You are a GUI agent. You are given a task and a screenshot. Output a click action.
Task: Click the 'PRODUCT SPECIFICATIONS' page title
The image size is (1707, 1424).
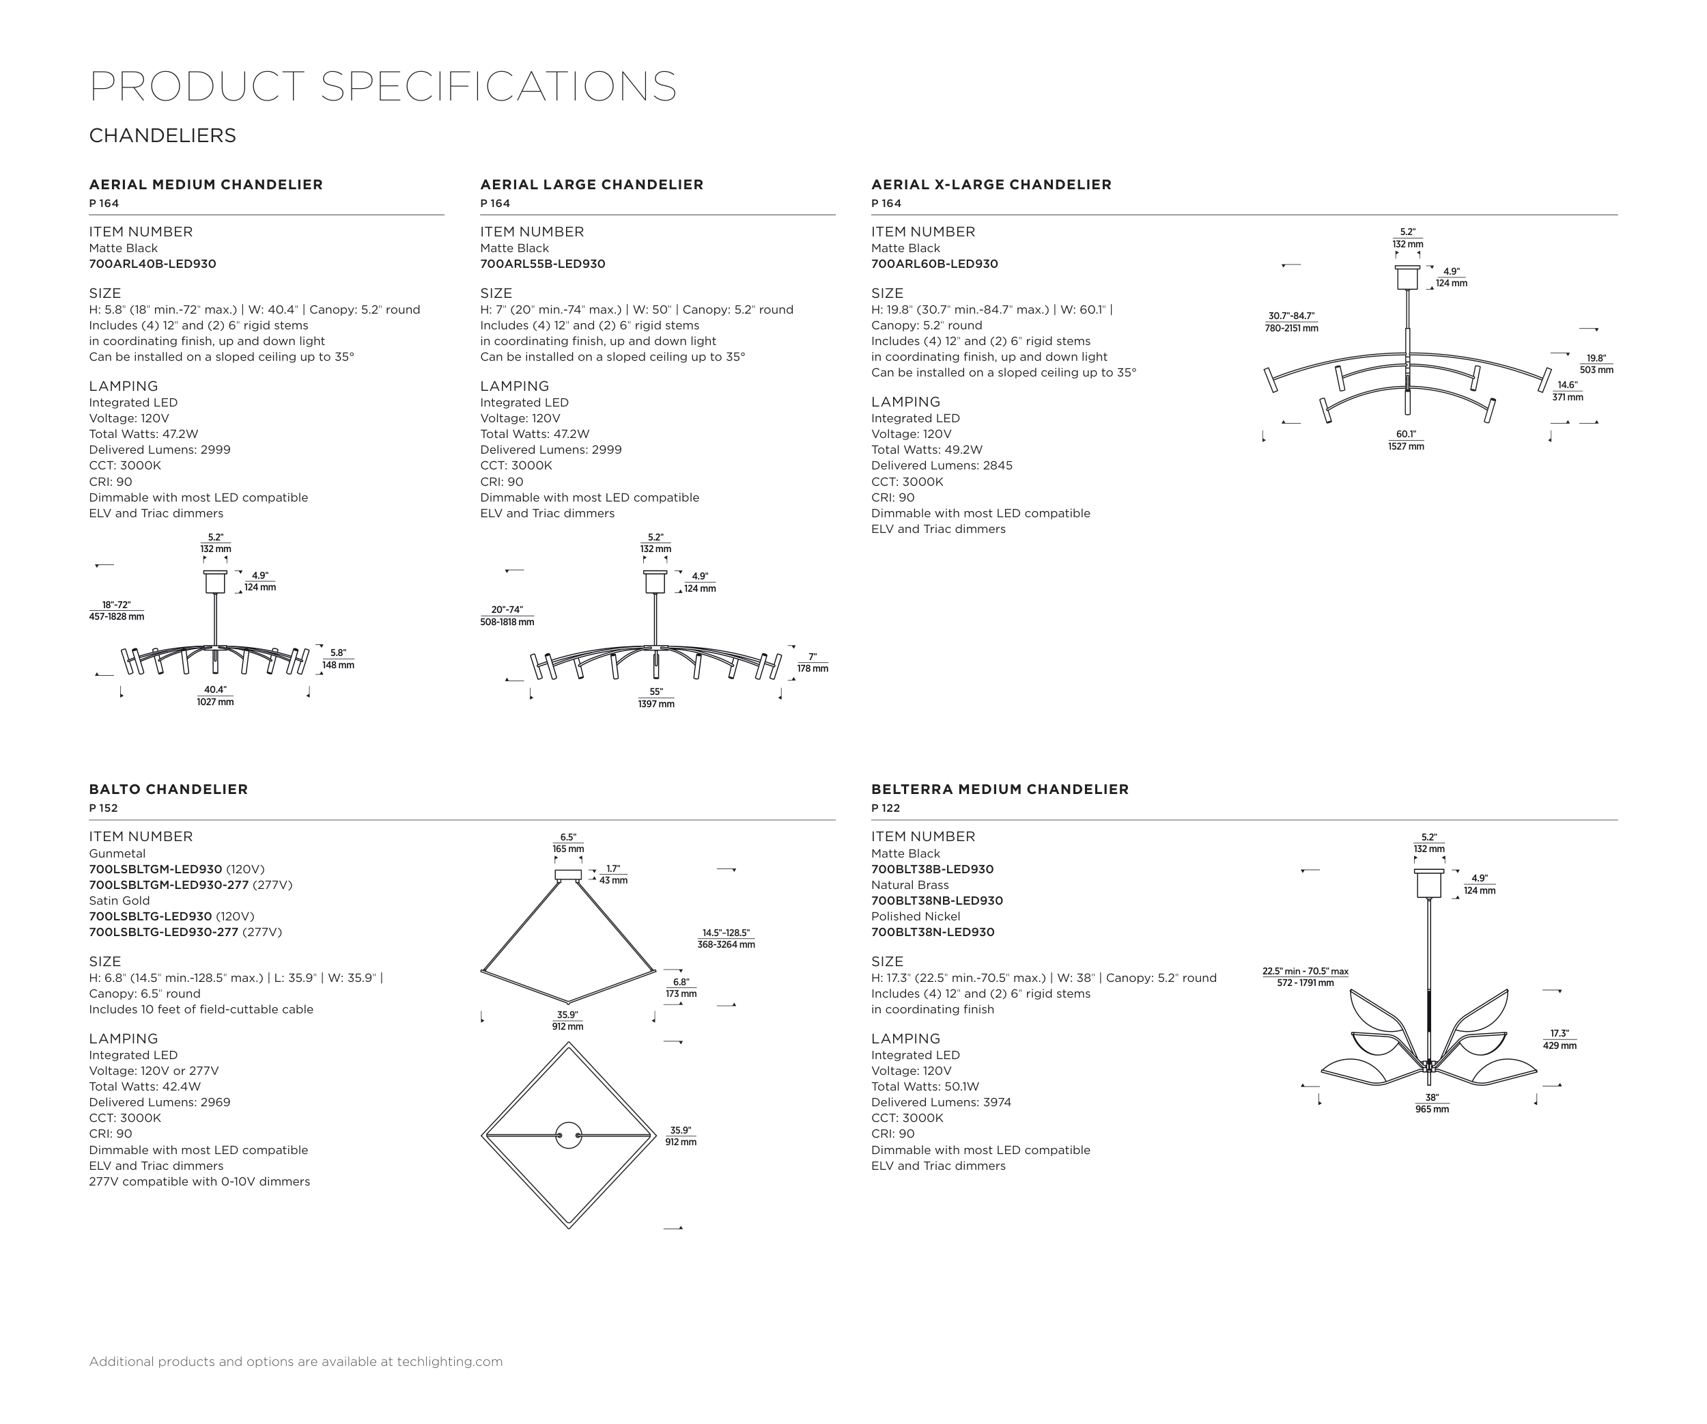pos(383,86)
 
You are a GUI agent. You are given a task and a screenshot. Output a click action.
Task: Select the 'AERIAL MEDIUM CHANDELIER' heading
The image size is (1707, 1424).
pos(206,184)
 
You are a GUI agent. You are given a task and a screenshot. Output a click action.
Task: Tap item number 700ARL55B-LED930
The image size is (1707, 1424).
pos(542,264)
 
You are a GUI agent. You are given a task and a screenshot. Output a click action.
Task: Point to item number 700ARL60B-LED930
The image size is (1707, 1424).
pos(934,264)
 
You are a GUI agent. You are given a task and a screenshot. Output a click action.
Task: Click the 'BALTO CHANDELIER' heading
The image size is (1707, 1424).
pos(168,789)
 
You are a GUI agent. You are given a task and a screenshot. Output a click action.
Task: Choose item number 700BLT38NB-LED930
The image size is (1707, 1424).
pos(936,901)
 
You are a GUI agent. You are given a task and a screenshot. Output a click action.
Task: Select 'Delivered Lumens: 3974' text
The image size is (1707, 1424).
pos(942,1102)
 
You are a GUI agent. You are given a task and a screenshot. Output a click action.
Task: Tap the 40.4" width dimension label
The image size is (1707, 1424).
pos(215,696)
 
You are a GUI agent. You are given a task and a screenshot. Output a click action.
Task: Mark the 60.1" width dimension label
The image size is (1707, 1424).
pos(1407,440)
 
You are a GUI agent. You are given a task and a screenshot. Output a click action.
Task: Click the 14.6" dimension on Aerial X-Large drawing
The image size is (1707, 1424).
pos(1567,391)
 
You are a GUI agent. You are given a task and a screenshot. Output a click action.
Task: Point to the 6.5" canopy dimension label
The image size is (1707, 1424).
pos(568,843)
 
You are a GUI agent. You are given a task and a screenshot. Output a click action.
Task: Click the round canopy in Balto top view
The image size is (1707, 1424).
pos(568,1135)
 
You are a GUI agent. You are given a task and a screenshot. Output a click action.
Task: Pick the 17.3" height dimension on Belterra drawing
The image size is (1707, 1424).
pos(1559,1039)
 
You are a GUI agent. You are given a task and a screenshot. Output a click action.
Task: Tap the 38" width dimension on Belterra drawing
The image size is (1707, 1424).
pos(1431,1103)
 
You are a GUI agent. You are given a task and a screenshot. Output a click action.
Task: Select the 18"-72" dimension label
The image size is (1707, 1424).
pos(116,611)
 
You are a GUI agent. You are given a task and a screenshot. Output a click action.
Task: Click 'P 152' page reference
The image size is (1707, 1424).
pos(103,808)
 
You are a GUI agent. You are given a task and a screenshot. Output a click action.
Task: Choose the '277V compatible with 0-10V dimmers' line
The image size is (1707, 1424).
pos(199,1181)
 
